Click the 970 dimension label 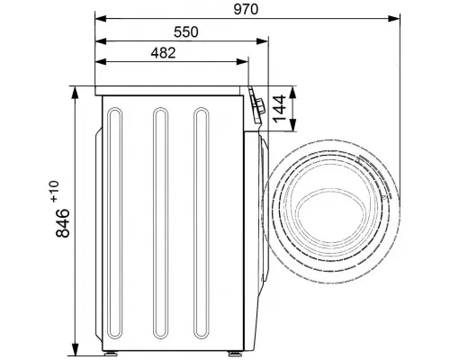click(x=246, y=10)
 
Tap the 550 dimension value click(x=186, y=32)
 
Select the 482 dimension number click(x=163, y=53)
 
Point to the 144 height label click(x=280, y=109)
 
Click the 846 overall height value click(x=63, y=223)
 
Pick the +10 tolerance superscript click(x=55, y=191)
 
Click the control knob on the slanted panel click(x=259, y=106)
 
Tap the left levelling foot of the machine click(x=110, y=353)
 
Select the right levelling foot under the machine click(x=234, y=353)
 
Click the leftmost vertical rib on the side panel click(x=115, y=223)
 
